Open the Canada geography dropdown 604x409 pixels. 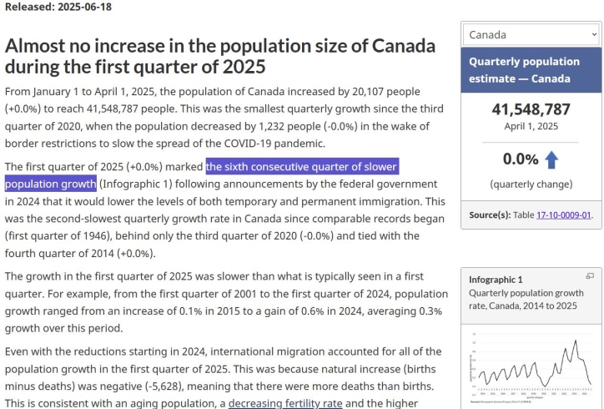532,34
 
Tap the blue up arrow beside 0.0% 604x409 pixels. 551,159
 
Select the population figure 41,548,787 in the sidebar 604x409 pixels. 531,109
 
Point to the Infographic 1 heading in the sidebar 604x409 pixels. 496,280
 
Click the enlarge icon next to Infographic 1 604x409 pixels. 590,276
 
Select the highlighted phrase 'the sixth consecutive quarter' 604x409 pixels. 302,165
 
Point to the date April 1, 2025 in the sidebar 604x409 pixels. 531,127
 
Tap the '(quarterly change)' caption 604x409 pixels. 531,184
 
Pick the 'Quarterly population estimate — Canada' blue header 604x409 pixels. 531,70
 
